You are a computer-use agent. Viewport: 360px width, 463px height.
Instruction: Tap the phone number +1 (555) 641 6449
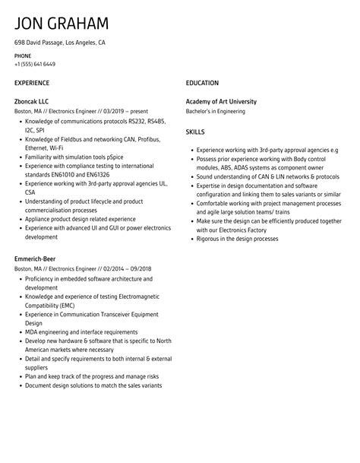(x=35, y=64)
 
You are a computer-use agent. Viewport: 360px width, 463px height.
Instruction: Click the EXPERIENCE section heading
(x=32, y=82)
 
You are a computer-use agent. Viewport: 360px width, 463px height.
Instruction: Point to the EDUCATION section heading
(x=202, y=82)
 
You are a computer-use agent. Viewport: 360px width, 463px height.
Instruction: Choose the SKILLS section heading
(x=196, y=132)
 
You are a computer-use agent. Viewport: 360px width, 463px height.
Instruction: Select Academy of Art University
(x=221, y=101)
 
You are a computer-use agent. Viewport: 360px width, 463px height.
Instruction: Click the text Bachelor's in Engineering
(x=216, y=111)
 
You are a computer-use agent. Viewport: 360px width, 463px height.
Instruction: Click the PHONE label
(x=23, y=55)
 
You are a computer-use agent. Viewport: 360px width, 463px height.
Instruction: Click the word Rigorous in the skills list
(x=209, y=239)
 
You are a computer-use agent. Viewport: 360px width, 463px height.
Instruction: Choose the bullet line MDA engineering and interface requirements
(x=82, y=332)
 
